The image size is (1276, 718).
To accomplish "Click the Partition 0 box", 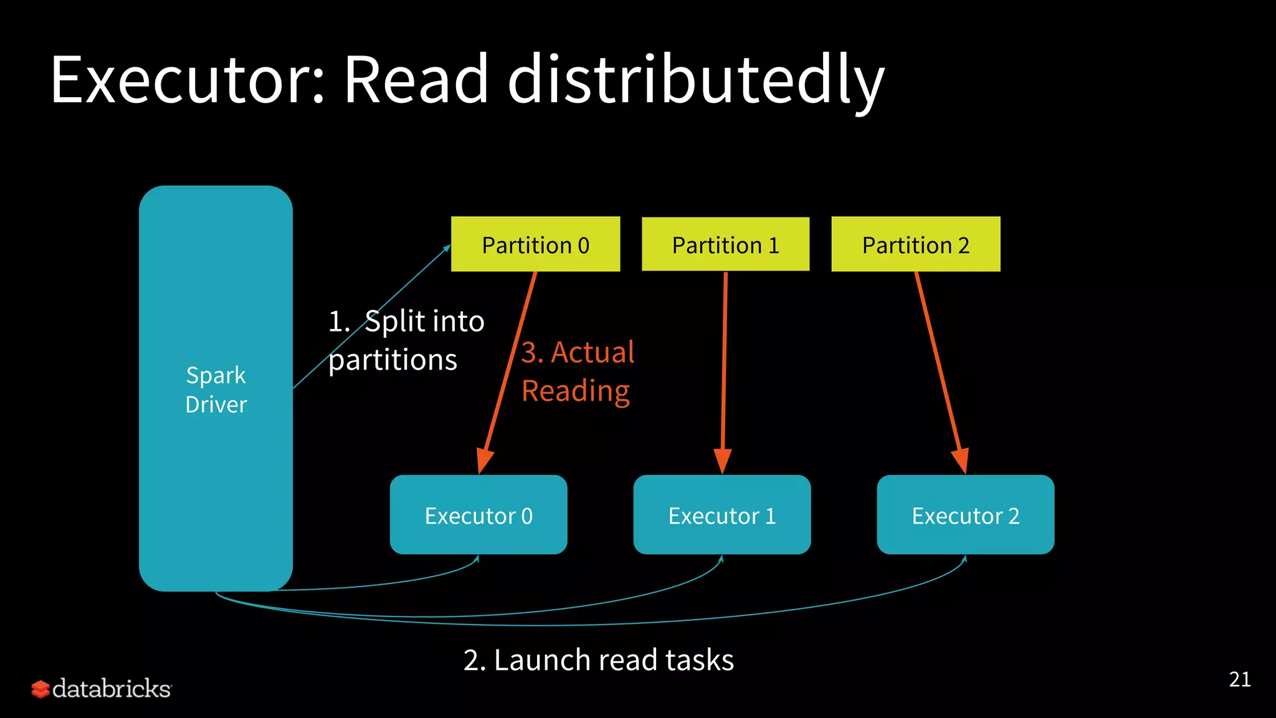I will click(535, 244).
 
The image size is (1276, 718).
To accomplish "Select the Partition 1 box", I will click(725, 244).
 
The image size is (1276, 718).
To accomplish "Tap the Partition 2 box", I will click(915, 244).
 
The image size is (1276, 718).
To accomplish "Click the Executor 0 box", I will click(478, 515).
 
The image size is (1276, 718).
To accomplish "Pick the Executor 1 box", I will click(721, 515).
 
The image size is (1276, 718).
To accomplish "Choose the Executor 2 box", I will click(965, 515).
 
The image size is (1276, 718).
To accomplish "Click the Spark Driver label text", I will click(216, 390).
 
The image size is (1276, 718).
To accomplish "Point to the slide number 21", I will click(1239, 679).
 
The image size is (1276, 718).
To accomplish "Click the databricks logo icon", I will click(40, 689).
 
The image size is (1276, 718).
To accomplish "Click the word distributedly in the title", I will click(696, 80).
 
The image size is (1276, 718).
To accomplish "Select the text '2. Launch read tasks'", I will click(598, 660).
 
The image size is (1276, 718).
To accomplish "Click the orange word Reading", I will click(575, 391).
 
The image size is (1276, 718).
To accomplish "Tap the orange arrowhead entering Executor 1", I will click(722, 461).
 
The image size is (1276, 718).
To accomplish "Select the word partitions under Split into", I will click(393, 360).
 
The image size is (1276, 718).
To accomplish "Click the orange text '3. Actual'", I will click(578, 352).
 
